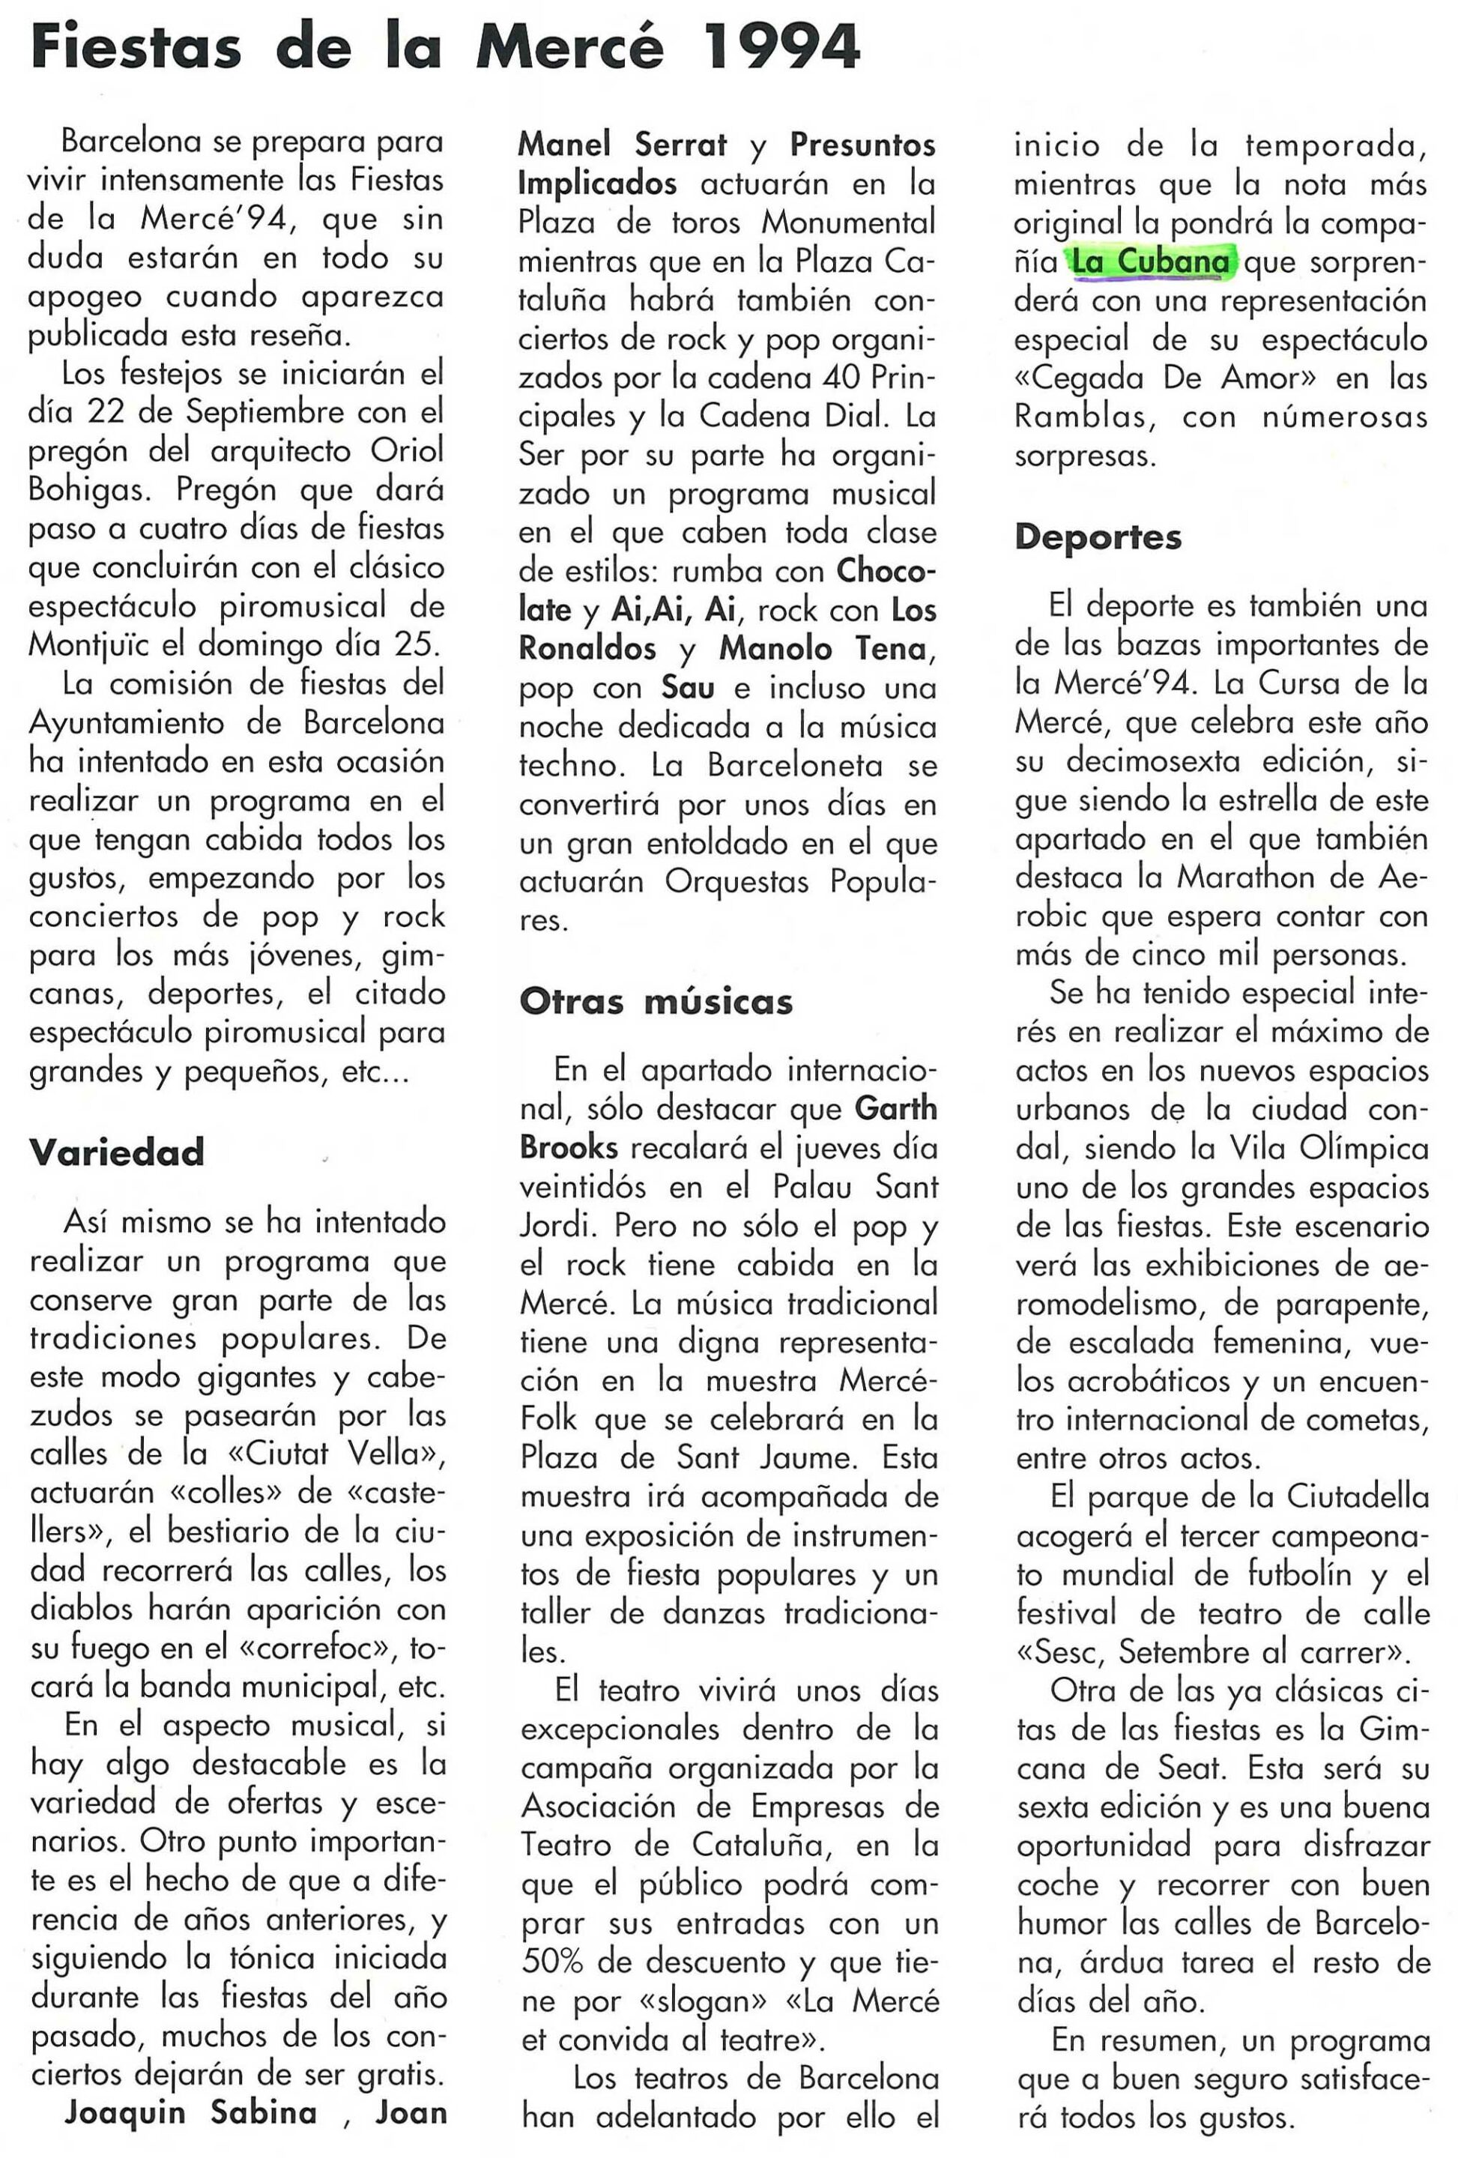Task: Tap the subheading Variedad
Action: coord(117,1152)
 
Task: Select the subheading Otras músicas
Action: coord(656,1001)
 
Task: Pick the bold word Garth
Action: coord(895,1109)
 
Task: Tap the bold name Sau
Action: coord(687,687)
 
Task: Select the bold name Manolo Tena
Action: coord(823,648)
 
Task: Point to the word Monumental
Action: coord(848,223)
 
